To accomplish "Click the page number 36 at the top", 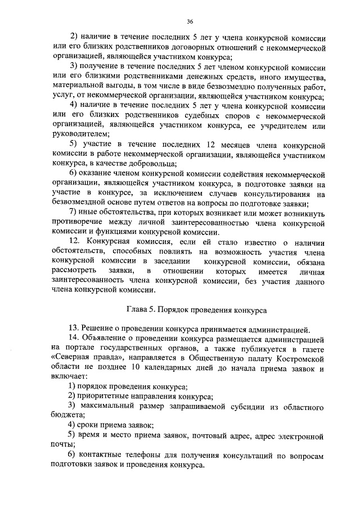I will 190,21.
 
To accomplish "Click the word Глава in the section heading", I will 138,310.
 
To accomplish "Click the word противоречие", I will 76,222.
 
